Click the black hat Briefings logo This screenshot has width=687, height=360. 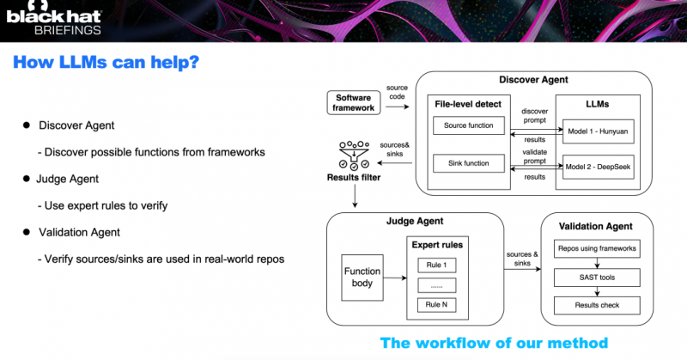pos(53,18)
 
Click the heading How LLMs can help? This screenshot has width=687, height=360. pos(106,62)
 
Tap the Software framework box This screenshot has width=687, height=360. pos(354,102)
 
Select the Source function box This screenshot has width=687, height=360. pos(468,125)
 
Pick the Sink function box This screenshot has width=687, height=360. pos(468,163)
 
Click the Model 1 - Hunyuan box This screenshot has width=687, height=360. pos(598,131)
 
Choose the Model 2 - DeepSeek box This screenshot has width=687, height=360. pos(598,167)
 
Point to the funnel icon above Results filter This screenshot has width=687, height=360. pos(354,156)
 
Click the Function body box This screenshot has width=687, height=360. pos(362,278)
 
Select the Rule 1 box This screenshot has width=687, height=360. pos(437,265)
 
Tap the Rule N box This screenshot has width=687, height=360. pos(437,305)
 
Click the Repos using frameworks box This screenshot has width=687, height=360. pos(597,248)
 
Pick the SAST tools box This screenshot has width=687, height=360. pos(597,278)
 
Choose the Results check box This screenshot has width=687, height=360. pos(597,305)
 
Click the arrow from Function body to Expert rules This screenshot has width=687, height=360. pos(395,278)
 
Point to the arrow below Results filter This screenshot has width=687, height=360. pos(355,196)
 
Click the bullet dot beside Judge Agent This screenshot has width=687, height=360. pos(27,179)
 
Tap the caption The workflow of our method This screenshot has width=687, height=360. pos(494,343)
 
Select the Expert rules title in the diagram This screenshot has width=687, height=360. pos(437,245)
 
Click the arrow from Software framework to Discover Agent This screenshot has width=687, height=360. pos(398,107)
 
